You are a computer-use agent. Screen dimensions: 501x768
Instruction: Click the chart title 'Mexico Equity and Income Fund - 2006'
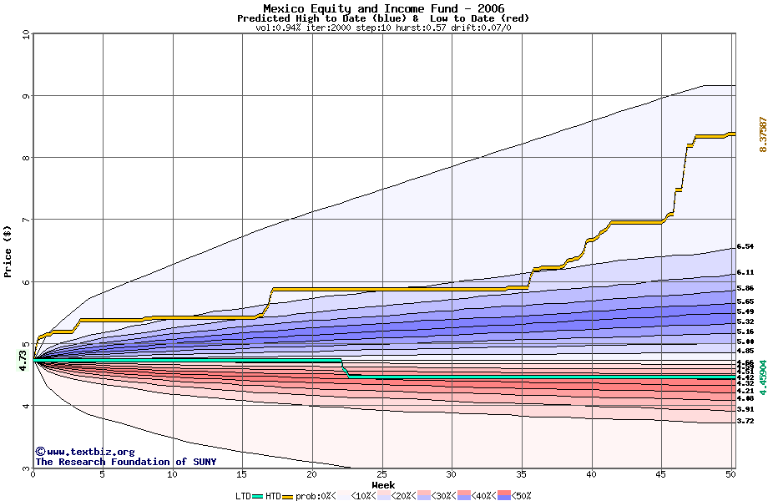tap(383, 8)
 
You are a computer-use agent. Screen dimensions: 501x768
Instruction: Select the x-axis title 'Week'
tap(383, 485)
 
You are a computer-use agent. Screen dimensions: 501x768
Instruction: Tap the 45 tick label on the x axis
tap(660, 475)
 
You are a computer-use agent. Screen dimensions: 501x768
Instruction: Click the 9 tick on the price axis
tap(25, 96)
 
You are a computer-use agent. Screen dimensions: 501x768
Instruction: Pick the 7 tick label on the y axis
tap(25, 220)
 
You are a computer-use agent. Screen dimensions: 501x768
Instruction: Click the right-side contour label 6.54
tap(745, 247)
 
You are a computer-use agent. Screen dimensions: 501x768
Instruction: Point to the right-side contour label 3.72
tap(745, 422)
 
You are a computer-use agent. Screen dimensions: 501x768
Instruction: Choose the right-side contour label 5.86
tap(745, 288)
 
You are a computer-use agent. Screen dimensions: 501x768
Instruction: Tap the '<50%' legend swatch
tap(506, 495)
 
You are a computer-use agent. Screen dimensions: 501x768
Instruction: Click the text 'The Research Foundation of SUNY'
tap(125, 462)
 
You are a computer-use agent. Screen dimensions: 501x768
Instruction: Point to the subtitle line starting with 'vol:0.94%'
tap(383, 28)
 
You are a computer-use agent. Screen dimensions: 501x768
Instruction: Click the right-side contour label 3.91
tap(745, 409)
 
